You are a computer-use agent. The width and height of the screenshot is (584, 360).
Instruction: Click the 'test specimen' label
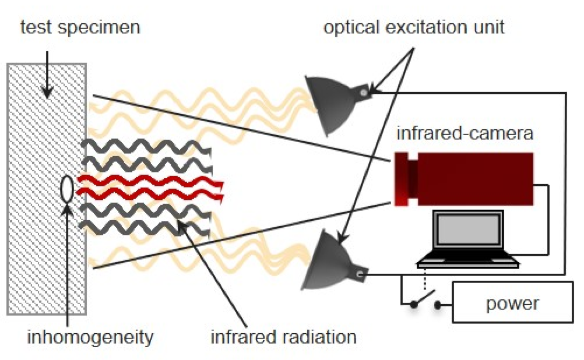pos(80,27)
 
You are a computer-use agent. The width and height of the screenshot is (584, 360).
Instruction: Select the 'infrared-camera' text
pos(465,134)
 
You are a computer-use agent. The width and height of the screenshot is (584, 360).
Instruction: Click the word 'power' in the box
pos(512,303)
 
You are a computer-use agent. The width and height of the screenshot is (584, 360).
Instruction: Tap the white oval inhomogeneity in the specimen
pos(67,189)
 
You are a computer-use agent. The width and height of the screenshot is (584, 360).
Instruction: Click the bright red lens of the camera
pos(401,179)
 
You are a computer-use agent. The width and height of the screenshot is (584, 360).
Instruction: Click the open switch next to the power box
pos(425,302)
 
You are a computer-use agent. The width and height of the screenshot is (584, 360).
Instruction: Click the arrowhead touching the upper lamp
pos(373,91)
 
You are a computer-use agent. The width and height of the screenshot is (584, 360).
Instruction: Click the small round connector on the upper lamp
pos(364,93)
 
